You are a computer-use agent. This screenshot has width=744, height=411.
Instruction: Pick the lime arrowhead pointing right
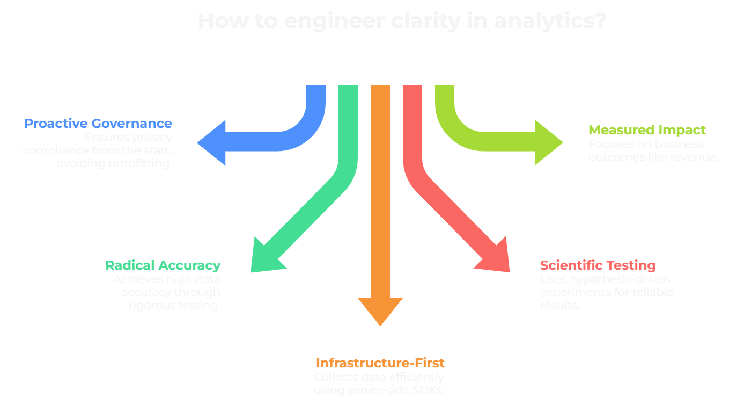coord(548,142)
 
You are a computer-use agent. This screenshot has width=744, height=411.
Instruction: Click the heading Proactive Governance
coord(98,124)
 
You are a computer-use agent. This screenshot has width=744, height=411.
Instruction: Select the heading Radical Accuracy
coord(163,265)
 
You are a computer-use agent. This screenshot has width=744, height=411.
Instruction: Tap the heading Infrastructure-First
coord(380,363)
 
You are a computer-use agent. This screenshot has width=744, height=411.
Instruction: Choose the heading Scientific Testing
coord(598,265)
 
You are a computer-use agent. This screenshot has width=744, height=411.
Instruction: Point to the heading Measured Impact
coord(647,130)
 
